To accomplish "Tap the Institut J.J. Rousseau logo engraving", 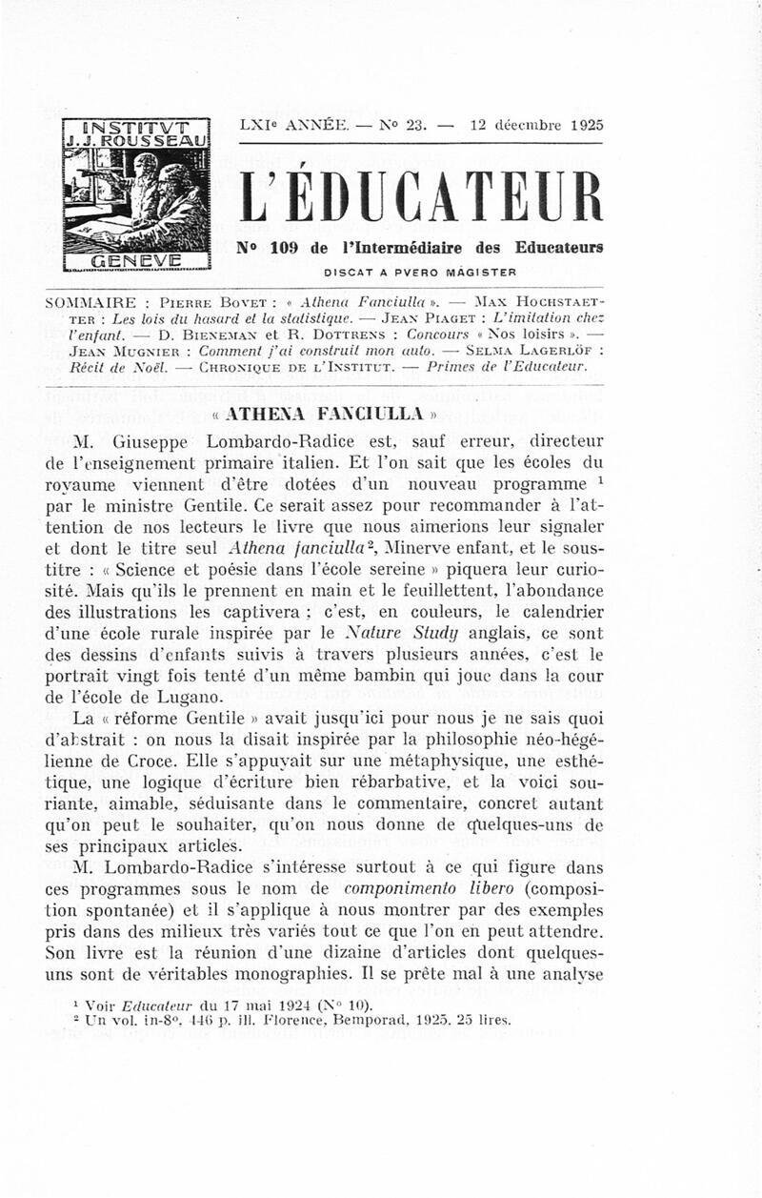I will pyautogui.click(x=135, y=196).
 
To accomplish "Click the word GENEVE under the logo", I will pyautogui.click(x=135, y=259).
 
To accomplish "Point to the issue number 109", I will pyautogui.click(x=288, y=249).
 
